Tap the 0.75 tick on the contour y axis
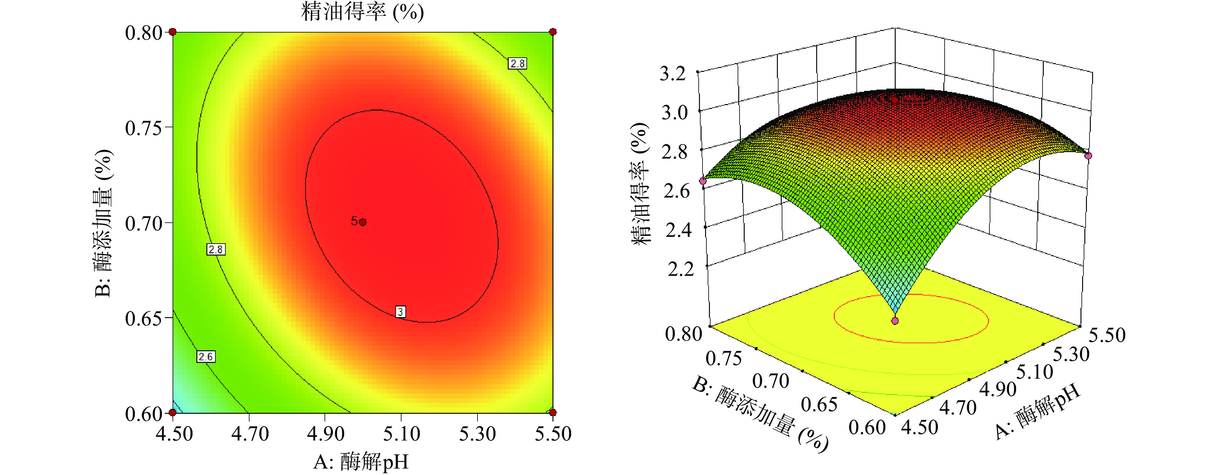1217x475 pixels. click(x=143, y=128)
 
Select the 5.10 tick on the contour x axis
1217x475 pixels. click(x=401, y=434)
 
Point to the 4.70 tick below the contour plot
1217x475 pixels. click(x=250, y=434)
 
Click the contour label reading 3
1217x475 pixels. click(x=401, y=312)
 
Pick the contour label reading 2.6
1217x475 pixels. click(x=206, y=356)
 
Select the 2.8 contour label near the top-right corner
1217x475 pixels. click(x=517, y=63)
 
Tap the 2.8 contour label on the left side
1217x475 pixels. click(x=216, y=249)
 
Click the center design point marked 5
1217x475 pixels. click(x=362, y=222)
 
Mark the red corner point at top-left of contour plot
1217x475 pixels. click(x=173, y=32)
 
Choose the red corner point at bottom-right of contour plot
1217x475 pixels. click(x=553, y=412)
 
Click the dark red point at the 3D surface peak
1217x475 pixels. click(x=895, y=100)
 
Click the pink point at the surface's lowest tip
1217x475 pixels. click(x=895, y=321)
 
